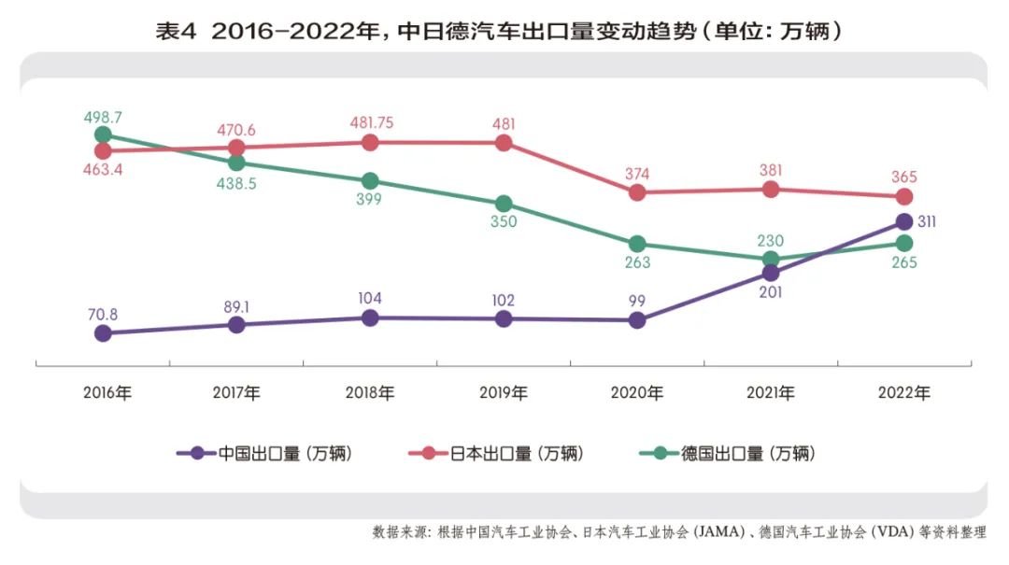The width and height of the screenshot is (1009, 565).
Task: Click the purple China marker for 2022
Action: (x=903, y=221)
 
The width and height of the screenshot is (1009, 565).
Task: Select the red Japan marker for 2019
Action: (x=504, y=143)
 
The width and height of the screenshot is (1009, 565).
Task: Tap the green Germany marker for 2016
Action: (x=103, y=135)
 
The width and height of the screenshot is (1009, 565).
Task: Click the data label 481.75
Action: (x=370, y=122)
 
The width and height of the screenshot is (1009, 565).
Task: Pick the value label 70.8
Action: (x=103, y=314)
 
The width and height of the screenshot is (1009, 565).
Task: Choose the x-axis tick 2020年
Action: (x=637, y=393)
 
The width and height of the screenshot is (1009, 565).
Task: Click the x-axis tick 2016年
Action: (x=107, y=393)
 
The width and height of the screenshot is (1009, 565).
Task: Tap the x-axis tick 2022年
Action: (x=904, y=393)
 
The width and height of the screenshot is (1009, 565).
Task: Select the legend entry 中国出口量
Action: (x=270, y=454)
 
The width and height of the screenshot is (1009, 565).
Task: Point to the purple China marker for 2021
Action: (x=771, y=273)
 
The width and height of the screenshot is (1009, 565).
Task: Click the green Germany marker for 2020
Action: (x=637, y=245)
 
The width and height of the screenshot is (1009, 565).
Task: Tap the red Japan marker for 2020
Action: (x=637, y=192)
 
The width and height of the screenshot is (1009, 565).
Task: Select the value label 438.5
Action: (x=236, y=184)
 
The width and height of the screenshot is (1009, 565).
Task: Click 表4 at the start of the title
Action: (x=176, y=31)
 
